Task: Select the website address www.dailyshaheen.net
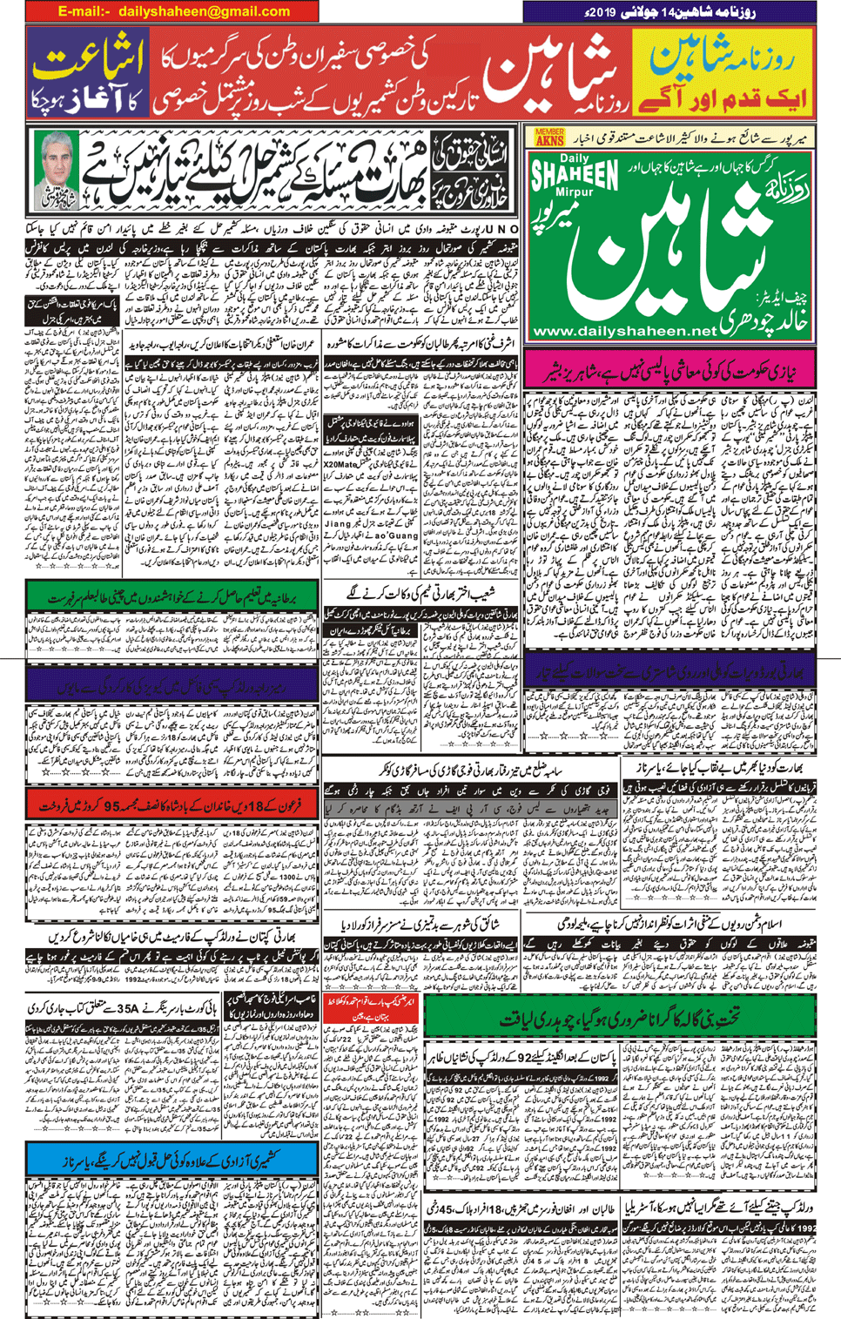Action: (624, 331)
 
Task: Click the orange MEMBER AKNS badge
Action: (549, 137)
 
